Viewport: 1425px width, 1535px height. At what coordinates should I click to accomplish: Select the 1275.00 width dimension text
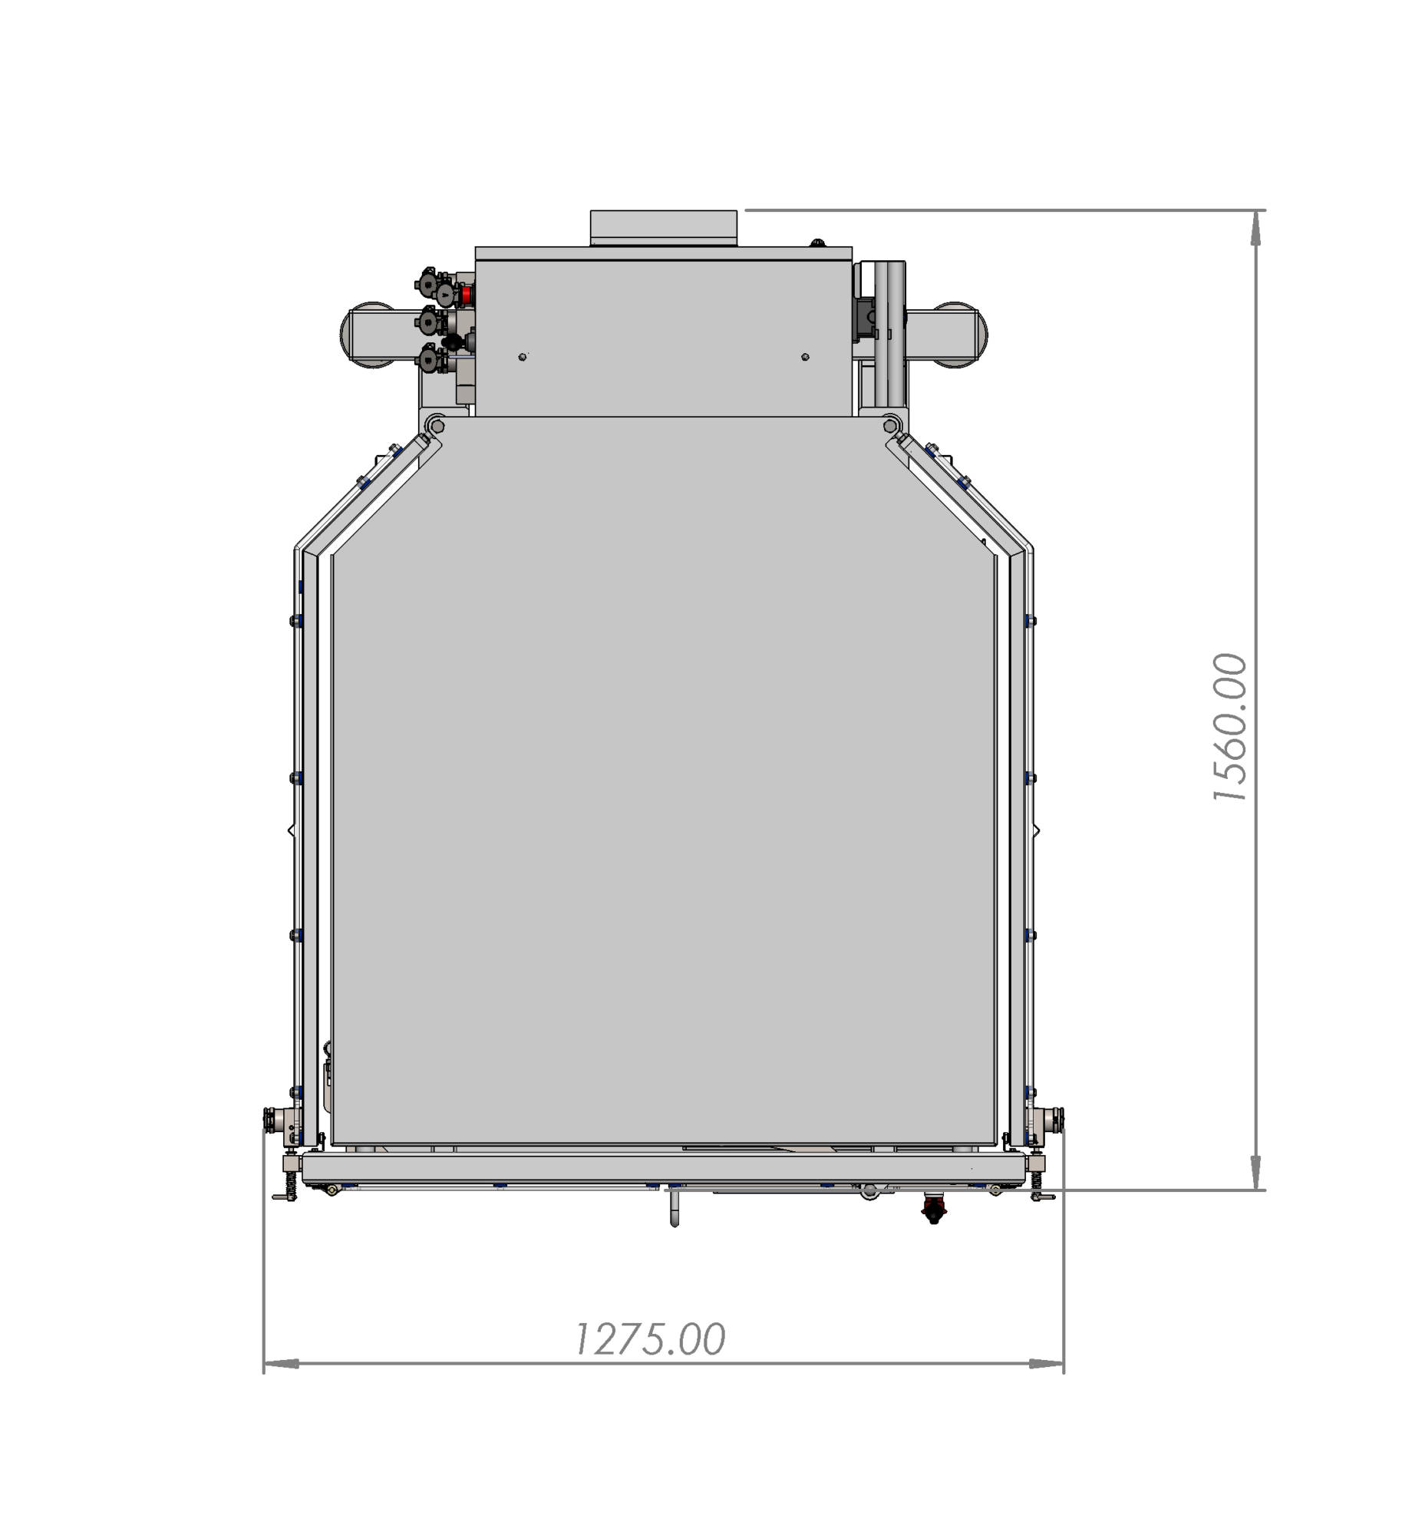(x=650, y=1339)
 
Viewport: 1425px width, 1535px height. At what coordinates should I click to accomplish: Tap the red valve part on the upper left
(x=467, y=294)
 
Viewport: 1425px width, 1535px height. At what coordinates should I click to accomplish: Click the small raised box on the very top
(x=663, y=228)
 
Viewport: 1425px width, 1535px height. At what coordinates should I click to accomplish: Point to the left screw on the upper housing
(x=522, y=356)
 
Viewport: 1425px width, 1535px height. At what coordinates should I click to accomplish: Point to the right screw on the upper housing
(x=805, y=356)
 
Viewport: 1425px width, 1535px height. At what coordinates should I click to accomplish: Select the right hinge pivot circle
(x=891, y=425)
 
